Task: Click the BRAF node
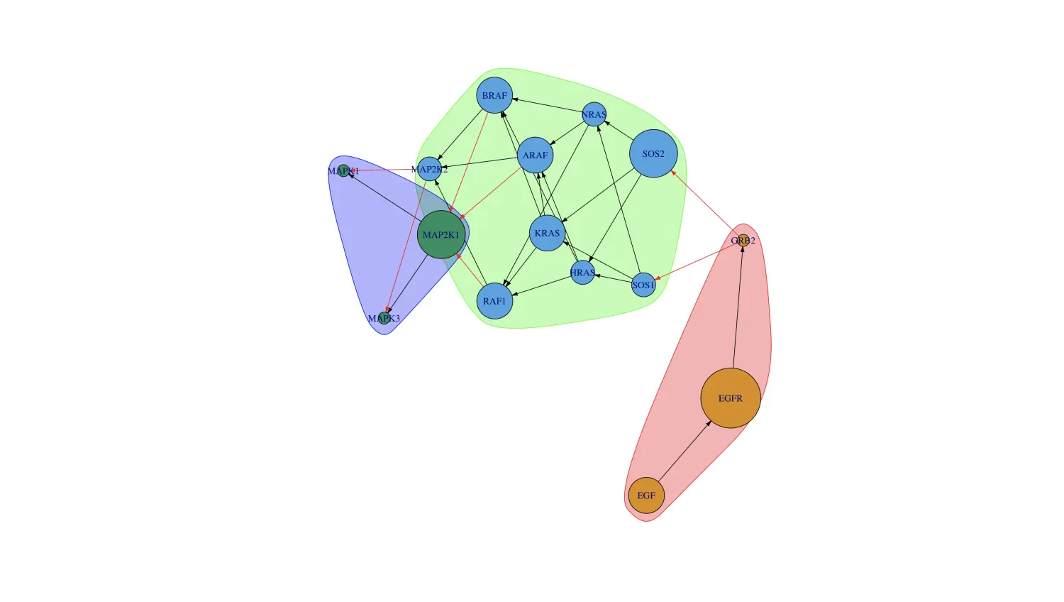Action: coord(494,95)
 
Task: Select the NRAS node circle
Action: coord(594,114)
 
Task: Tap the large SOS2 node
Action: coord(653,153)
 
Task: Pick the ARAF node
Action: coord(535,155)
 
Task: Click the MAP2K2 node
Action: coord(429,169)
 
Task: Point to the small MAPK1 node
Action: coord(343,170)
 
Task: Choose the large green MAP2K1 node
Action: coord(441,234)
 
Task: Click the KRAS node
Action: coord(547,233)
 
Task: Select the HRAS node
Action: coord(582,273)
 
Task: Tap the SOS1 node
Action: coord(643,285)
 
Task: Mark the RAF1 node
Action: coord(494,301)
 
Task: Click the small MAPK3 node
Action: coord(384,317)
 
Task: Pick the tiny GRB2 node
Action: coord(743,240)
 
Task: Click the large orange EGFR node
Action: coord(730,398)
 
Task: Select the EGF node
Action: coord(646,496)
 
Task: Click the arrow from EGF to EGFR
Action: coord(685,451)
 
